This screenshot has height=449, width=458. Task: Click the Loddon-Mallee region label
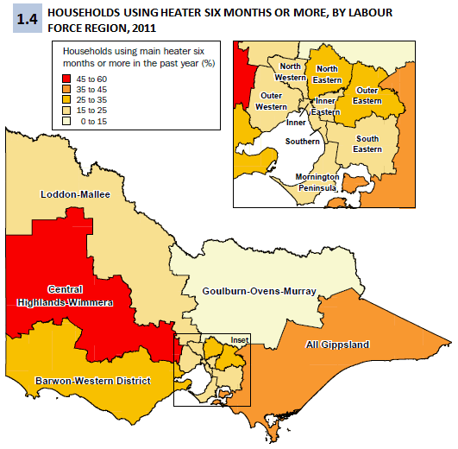[76, 195]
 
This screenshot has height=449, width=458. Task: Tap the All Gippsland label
[337, 345]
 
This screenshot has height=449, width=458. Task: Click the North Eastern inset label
[326, 73]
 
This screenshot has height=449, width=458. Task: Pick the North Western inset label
[290, 72]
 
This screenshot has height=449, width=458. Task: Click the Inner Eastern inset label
[325, 106]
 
